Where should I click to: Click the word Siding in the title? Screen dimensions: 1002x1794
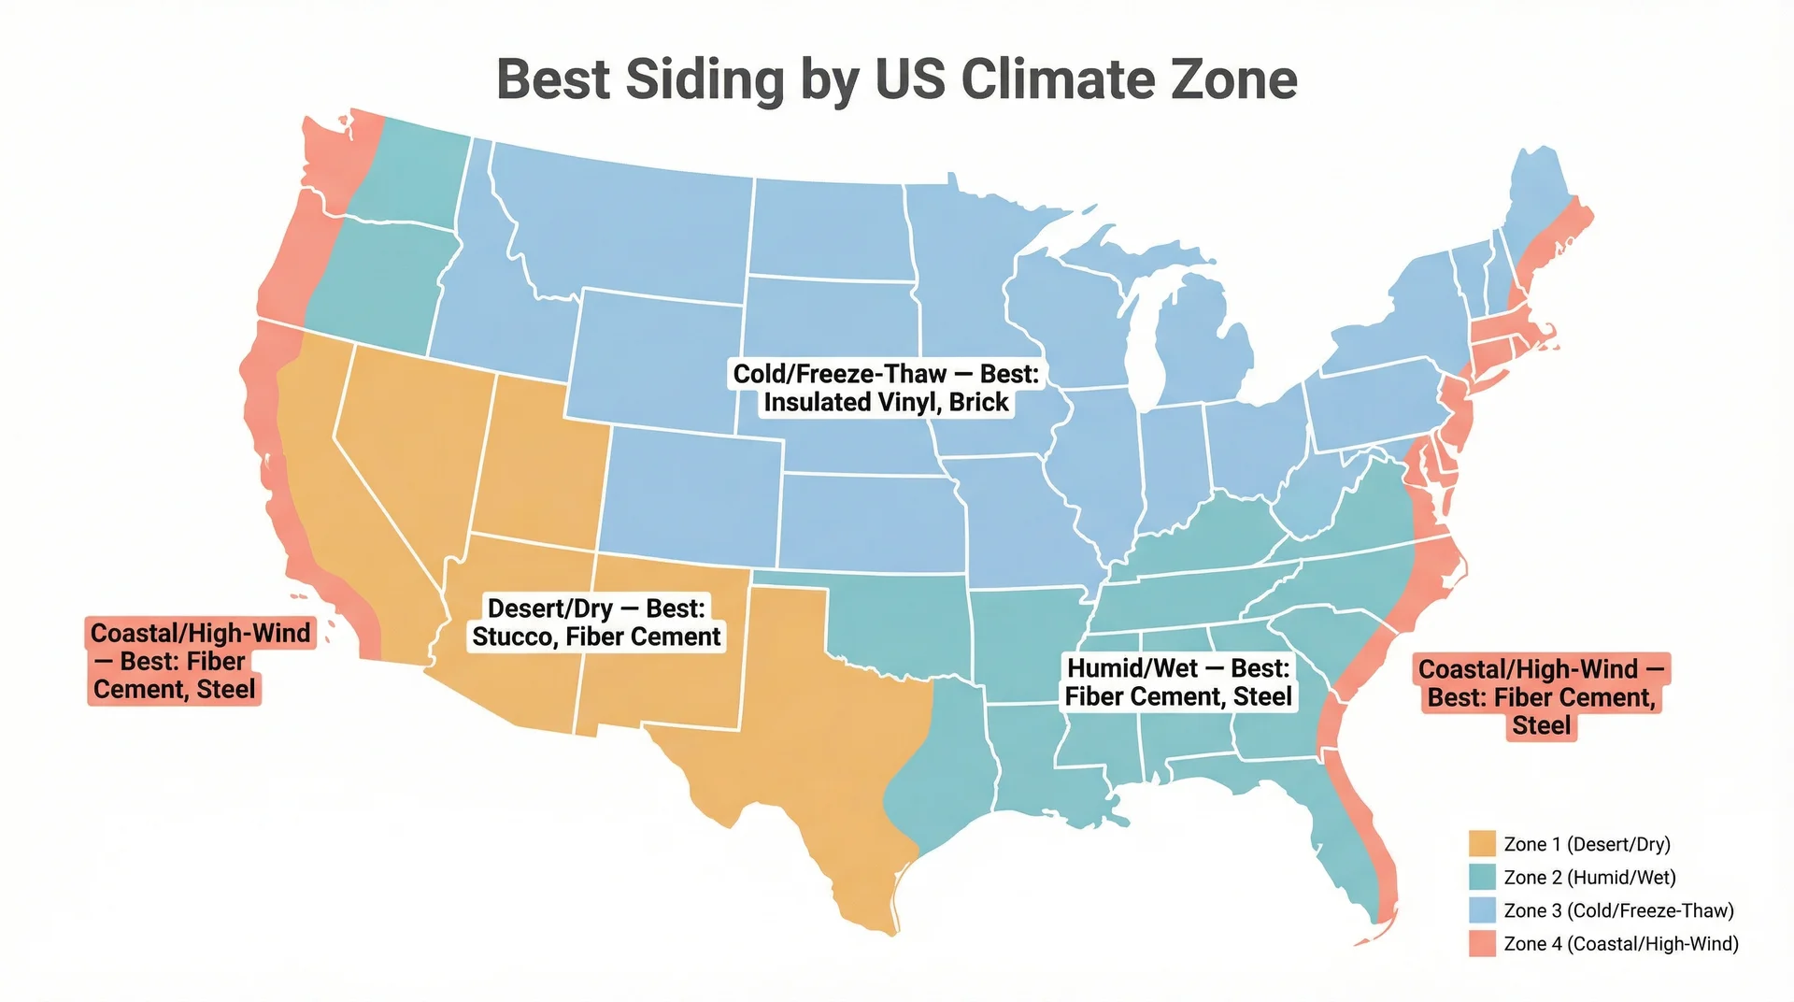704,79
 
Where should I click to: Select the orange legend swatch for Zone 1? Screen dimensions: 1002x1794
1482,844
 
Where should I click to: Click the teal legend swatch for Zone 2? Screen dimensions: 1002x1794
1482,877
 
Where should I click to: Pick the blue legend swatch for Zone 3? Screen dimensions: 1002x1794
1482,910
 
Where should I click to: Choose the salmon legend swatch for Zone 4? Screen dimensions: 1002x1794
1482,944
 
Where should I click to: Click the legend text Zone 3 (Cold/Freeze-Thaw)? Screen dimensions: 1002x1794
1618,910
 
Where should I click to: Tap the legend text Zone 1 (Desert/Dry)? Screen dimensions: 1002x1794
1587,844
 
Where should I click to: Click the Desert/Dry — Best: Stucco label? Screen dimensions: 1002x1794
596,623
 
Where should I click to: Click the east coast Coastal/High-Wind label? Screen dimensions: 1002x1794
1541,697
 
